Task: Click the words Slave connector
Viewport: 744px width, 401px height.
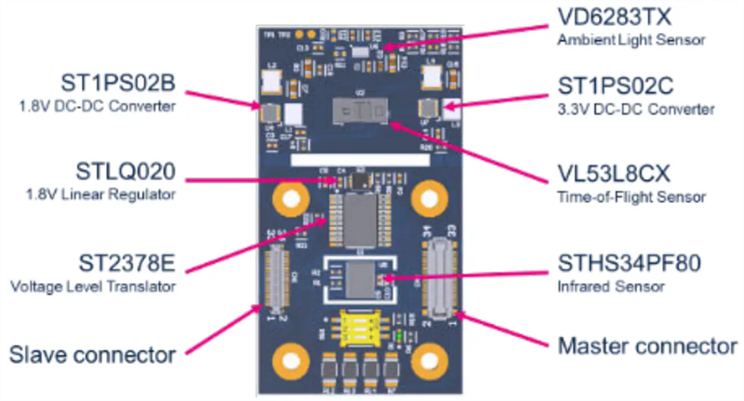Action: [92, 354]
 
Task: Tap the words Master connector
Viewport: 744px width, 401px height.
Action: [647, 347]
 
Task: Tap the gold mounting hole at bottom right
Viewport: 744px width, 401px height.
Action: [430, 356]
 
